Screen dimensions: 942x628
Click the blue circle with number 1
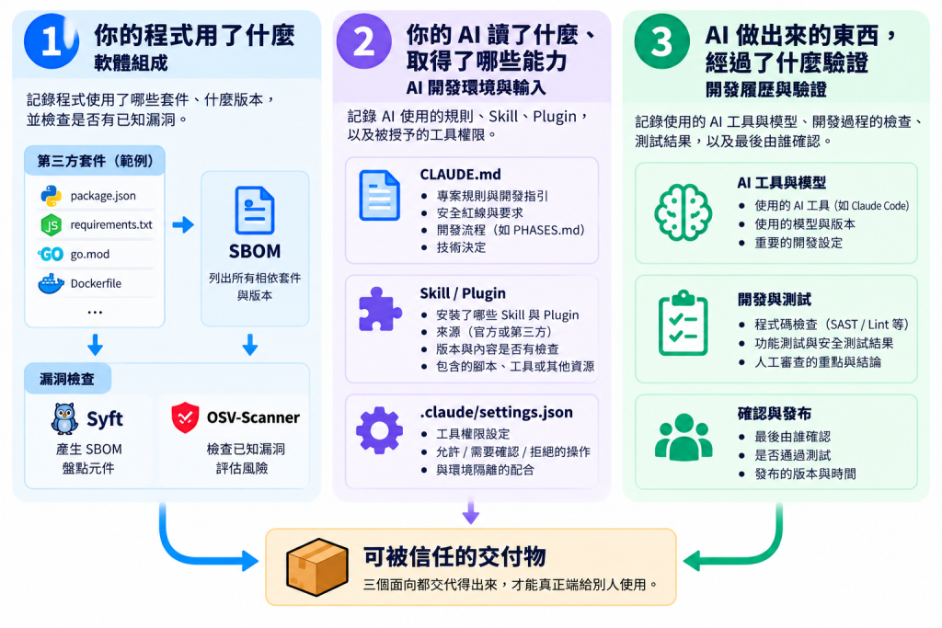coord(52,40)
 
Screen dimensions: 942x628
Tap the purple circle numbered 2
coord(364,40)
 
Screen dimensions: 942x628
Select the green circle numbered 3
coord(662,40)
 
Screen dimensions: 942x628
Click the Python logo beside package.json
coord(52,195)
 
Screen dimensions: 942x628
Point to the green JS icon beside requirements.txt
coord(52,224)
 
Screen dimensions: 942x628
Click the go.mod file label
coord(90,254)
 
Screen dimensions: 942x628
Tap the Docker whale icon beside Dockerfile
coord(52,283)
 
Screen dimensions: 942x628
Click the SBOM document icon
coord(255,211)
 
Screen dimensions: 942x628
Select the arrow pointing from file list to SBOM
coord(183,225)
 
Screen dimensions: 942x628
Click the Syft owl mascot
coord(64,418)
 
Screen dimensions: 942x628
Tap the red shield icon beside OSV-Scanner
coord(185,417)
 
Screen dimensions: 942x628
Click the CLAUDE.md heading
coord(460,174)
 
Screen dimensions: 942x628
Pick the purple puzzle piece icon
coord(380,310)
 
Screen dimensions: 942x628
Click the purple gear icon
coord(379,430)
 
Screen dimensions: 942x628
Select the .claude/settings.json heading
coord(496,413)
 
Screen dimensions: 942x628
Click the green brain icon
coord(684,211)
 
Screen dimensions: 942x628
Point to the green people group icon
coord(684,437)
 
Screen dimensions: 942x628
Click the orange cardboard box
coord(317,566)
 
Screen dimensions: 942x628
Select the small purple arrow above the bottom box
coord(470,510)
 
